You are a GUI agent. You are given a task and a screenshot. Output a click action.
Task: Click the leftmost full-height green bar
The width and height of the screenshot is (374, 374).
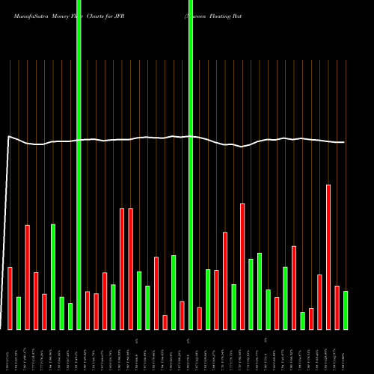point(79,165)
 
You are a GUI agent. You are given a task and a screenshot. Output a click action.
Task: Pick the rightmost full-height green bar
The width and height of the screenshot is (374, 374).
point(191,165)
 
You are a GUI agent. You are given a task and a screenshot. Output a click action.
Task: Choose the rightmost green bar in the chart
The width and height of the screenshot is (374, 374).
point(346,310)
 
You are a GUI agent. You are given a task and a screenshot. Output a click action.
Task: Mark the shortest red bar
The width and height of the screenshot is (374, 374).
point(165,322)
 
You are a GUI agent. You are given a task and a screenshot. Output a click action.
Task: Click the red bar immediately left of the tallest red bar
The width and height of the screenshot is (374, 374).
point(319,301)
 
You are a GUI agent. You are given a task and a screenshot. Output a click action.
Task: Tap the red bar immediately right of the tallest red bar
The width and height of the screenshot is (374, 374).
point(337,307)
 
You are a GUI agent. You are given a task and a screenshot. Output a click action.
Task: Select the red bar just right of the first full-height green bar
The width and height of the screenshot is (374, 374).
point(88,310)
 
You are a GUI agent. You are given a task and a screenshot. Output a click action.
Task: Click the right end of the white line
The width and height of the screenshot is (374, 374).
point(344,142)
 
